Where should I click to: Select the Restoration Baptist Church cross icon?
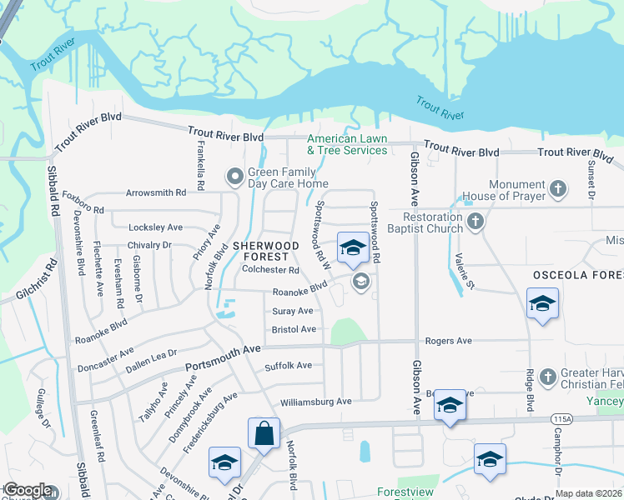[476, 222]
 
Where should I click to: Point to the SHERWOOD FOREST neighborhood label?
[265, 251]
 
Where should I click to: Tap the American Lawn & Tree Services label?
[347, 145]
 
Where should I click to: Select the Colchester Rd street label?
[270, 270]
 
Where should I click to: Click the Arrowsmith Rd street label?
[156, 192]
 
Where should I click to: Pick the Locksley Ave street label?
[156, 227]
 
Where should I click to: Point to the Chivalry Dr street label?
[149, 245]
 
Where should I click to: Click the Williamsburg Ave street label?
[316, 402]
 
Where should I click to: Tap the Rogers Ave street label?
[449, 341]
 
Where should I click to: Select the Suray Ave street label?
[292, 311]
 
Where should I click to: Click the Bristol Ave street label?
[294, 330]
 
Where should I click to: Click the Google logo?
[27, 490]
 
